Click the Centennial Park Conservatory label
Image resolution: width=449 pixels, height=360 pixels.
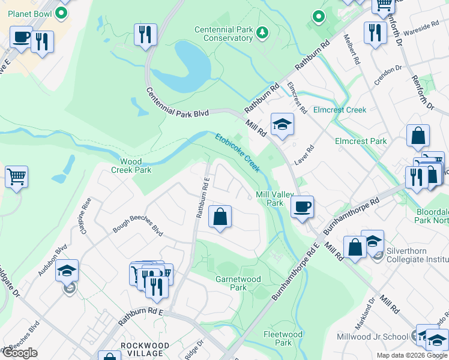(x=224, y=34)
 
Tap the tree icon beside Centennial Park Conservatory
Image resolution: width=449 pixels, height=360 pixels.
(x=262, y=31)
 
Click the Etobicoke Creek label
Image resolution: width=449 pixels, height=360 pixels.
(x=238, y=152)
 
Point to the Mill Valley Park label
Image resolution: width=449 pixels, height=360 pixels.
(x=270, y=199)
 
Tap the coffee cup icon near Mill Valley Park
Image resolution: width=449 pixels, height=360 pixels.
(x=303, y=206)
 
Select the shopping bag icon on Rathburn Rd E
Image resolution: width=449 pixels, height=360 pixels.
(x=220, y=217)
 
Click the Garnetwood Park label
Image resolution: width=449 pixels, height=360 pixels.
(x=239, y=283)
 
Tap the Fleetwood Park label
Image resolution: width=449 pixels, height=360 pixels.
(x=283, y=338)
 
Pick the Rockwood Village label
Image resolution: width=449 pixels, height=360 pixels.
(x=142, y=350)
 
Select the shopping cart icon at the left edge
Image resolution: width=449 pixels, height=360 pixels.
(x=16, y=177)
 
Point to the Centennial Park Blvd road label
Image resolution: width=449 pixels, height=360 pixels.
(x=178, y=103)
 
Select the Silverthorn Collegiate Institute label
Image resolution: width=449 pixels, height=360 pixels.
(x=418, y=254)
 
